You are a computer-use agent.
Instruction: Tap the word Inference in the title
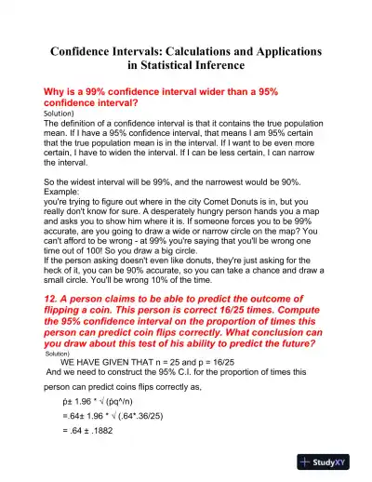pyautogui.click(x=216, y=66)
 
